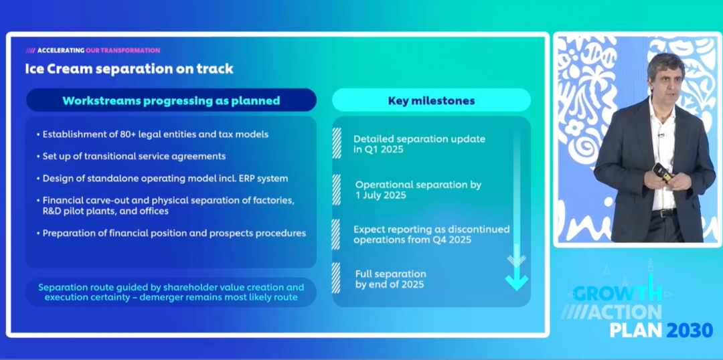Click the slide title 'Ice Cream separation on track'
click(x=129, y=69)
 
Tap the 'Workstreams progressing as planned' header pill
click(x=171, y=100)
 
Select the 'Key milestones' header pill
click(x=431, y=100)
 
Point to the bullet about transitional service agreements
click(x=131, y=157)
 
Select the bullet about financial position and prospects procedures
click(x=171, y=234)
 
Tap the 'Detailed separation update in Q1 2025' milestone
click(x=419, y=144)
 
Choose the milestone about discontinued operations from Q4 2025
click(x=432, y=234)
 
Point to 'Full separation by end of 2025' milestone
click(x=390, y=279)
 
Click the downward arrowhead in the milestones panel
click(x=516, y=282)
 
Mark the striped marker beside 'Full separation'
click(x=336, y=278)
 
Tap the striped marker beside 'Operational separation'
click(x=336, y=189)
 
